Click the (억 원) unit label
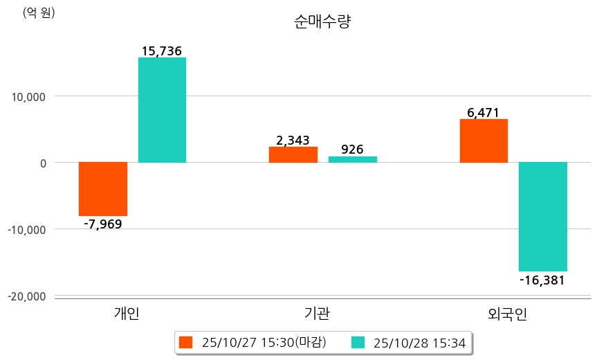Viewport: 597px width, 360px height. (39, 12)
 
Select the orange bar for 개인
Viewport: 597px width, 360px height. (103, 189)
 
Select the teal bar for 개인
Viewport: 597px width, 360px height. (162, 110)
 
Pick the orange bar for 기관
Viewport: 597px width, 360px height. (293, 154)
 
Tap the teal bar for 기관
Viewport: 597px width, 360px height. (352, 159)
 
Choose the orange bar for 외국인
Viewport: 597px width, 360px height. (484, 141)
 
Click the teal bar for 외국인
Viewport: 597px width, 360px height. (543, 217)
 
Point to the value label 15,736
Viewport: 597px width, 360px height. (162, 51)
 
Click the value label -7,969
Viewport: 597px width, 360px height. (102, 224)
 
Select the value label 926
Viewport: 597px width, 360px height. (352, 149)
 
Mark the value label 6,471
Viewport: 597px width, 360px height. (484, 112)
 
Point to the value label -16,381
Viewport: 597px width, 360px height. (542, 280)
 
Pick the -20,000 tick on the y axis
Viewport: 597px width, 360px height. (27, 296)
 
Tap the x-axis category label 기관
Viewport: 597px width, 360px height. (317, 314)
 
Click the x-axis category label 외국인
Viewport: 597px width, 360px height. (507, 314)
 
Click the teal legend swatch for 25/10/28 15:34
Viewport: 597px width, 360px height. (358, 342)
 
